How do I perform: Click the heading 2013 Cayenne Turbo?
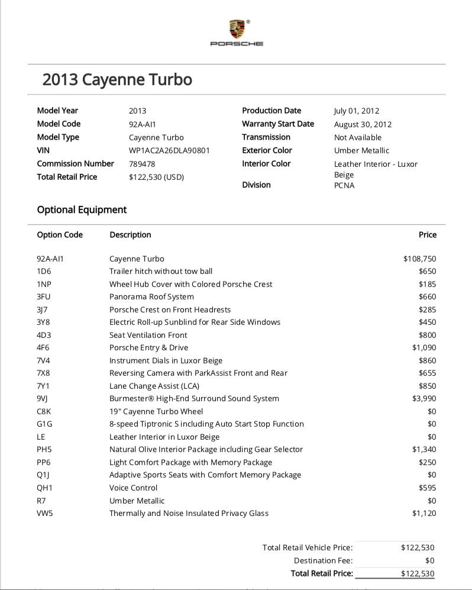point(117,79)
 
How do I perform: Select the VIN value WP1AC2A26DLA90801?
point(169,150)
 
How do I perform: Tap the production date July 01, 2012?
point(357,111)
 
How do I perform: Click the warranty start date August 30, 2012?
point(363,124)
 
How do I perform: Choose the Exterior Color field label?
point(267,150)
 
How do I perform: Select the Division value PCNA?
point(344,185)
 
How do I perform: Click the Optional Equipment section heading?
point(82,209)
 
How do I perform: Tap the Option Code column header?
point(60,235)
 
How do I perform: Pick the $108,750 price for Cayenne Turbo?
point(419,259)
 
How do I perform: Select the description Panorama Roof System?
point(151,296)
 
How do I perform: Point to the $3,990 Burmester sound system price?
point(423,398)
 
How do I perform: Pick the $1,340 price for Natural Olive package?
point(423,449)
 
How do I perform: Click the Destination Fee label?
point(323,560)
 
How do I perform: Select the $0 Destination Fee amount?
point(430,560)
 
